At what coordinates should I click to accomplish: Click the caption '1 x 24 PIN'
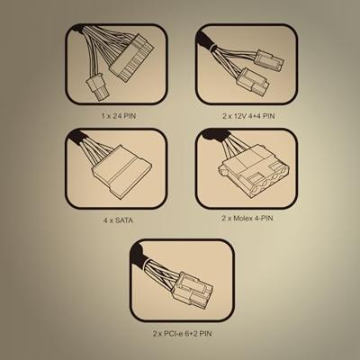point(119,116)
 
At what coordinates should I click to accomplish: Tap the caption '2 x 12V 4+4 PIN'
point(248,116)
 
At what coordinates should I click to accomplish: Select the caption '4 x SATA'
point(118,220)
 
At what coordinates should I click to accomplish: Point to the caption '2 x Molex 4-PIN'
point(247,218)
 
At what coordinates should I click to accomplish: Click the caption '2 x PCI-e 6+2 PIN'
point(183,333)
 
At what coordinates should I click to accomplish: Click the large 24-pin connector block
point(131,57)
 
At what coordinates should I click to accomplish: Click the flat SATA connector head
point(121,170)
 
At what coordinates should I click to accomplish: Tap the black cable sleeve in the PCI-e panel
point(138,254)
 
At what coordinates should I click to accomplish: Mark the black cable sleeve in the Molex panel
point(215,136)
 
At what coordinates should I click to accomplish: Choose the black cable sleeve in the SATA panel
point(76,137)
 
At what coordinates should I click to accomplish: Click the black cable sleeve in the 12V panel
point(204,39)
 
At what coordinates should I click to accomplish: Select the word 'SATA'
point(124,220)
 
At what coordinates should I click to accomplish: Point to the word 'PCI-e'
point(172,333)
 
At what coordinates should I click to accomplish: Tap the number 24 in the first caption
point(117,116)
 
